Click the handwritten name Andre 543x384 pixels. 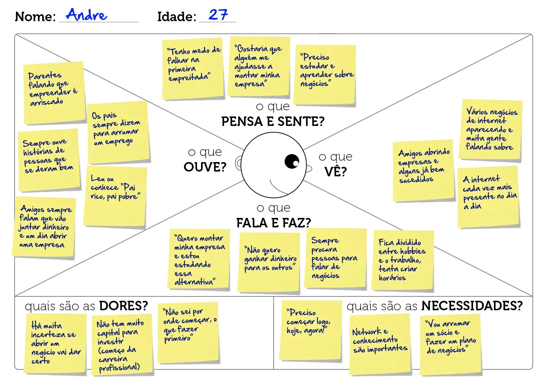coord(87,15)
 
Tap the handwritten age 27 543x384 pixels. coord(218,15)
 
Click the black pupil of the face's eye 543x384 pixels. coord(292,161)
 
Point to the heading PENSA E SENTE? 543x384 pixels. coord(273,121)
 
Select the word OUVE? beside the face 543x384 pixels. coord(205,167)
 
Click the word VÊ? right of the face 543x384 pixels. coord(335,172)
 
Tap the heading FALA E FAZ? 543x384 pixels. coord(273,223)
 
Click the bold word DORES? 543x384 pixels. coord(123,306)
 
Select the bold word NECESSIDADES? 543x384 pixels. coord(472,306)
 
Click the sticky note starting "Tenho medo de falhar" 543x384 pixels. coord(193,69)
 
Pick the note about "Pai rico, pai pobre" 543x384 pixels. coord(115,196)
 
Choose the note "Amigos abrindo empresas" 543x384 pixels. coord(423,170)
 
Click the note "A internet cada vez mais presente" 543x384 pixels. coord(488,197)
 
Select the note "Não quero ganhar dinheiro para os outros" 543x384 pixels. coord(269,262)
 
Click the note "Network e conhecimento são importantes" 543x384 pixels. coord(380,343)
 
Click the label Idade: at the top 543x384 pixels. coord(177,16)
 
